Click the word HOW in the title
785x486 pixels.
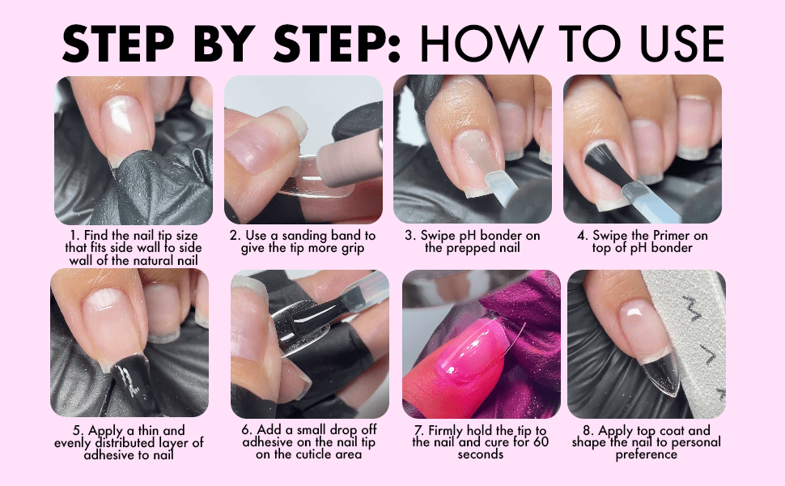pyautogui.click(x=482, y=43)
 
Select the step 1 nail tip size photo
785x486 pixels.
pyautogui.click(x=134, y=150)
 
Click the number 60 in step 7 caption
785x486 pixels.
pyautogui.click(x=541, y=442)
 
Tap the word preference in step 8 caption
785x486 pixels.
pyautogui.click(x=647, y=455)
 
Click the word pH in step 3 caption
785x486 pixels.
pyautogui.click(x=467, y=236)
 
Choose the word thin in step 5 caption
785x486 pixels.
pyautogui.click(x=151, y=431)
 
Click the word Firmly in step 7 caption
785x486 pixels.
pyautogui.click(x=446, y=431)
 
